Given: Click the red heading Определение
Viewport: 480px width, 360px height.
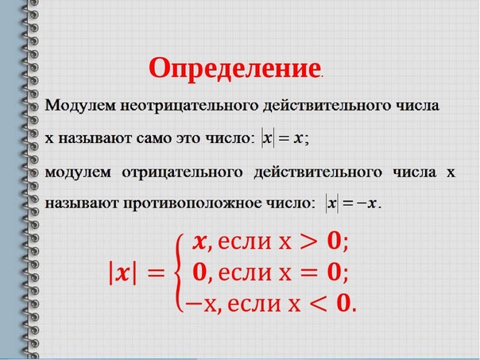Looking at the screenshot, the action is [234, 68].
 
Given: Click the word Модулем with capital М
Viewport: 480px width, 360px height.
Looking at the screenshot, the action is [81, 106].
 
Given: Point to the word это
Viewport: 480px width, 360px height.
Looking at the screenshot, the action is [188, 139].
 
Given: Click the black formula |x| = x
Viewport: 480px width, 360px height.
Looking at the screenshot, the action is [282, 139].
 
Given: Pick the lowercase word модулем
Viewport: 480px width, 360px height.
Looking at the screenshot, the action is [78, 172].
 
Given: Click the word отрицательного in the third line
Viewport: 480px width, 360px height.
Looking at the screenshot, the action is [183, 172].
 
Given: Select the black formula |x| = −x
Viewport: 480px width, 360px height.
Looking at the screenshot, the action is [351, 203].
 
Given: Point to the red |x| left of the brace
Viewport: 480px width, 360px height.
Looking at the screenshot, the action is [122, 273].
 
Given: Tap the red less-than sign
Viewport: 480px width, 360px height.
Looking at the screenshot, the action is [319, 304].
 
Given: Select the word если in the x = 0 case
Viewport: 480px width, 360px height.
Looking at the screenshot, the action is [245, 273].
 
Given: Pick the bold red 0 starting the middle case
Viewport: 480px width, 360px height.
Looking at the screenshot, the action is [200, 272].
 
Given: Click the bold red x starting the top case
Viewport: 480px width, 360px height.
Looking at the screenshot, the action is [200, 242].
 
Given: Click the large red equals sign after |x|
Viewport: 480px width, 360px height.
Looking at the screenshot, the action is [156, 273].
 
